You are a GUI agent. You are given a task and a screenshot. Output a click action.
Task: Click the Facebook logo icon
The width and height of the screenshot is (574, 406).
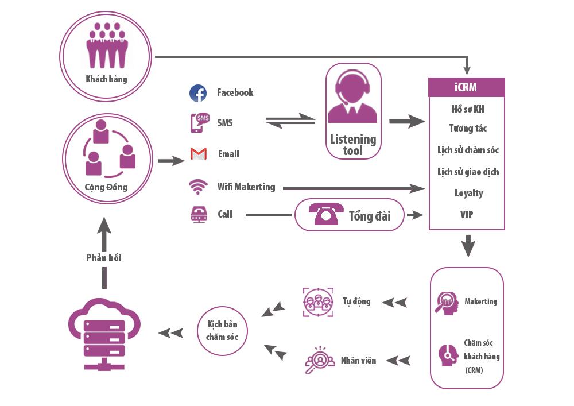pyautogui.click(x=198, y=93)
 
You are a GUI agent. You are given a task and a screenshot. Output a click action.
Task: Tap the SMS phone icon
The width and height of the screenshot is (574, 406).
pyautogui.click(x=199, y=123)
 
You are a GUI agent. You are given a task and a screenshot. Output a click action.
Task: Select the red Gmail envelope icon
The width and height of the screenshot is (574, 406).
pyautogui.click(x=199, y=154)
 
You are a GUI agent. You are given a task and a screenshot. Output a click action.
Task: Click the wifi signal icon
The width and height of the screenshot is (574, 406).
pyautogui.click(x=198, y=187)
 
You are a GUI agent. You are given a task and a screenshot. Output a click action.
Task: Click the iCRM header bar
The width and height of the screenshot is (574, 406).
pyautogui.click(x=467, y=88)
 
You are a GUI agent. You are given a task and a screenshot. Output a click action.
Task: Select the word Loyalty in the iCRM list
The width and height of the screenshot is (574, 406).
pyautogui.click(x=468, y=193)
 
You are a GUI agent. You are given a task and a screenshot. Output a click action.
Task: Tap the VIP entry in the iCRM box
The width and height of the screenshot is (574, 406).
pyautogui.click(x=467, y=215)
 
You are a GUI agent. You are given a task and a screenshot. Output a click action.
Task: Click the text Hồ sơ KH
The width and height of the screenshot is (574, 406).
pyautogui.click(x=468, y=109)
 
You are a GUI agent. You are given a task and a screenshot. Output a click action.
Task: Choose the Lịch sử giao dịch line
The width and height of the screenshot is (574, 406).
pyautogui.click(x=468, y=172)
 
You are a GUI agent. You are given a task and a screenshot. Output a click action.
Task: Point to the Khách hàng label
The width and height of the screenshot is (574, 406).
pyautogui.click(x=106, y=79)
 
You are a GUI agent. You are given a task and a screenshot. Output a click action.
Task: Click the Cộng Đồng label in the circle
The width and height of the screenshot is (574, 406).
pyautogui.click(x=106, y=187)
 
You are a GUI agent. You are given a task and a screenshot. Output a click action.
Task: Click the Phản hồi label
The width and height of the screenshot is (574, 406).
pyautogui.click(x=104, y=258)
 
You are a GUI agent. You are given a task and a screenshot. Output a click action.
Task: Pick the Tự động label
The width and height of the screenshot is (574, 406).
pyautogui.click(x=356, y=301)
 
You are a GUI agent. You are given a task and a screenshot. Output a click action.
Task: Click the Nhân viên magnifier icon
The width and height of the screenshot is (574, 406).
pyautogui.click(x=319, y=360)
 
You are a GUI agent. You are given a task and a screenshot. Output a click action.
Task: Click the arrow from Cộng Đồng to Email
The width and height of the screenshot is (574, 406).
pyautogui.click(x=170, y=161)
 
